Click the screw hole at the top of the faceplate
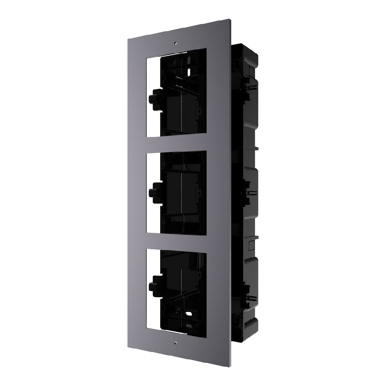point(175,43)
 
